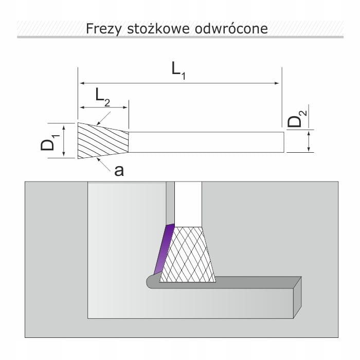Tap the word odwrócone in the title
231,28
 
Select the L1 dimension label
178,71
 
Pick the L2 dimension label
103,98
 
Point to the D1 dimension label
50,142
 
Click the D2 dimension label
297,119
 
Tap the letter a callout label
119,171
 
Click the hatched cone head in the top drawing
103,140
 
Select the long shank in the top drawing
206,142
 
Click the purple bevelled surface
164,248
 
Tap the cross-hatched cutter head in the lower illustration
188,255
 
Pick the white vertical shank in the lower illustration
188,204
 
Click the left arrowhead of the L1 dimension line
81,83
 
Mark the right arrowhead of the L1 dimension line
277,83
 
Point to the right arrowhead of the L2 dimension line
125,107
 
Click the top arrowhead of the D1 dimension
64,127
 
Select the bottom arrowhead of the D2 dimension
309,150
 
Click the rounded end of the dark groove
150,281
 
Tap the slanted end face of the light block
297,297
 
